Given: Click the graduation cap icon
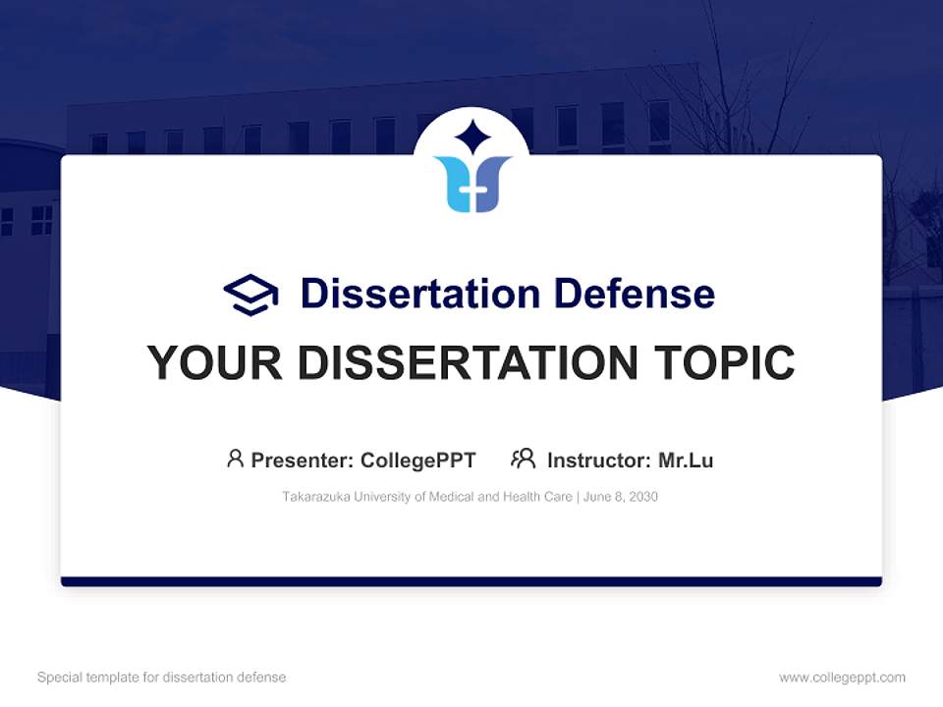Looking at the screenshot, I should pyautogui.click(x=250, y=294).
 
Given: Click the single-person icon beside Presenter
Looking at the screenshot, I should pyautogui.click(x=235, y=459).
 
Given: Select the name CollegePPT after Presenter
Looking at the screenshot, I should pyautogui.click(x=418, y=461).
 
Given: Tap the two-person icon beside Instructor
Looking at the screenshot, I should pyautogui.click(x=524, y=459).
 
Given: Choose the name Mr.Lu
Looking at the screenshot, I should pyautogui.click(x=686, y=461).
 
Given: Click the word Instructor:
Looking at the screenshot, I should pyautogui.click(x=598, y=461).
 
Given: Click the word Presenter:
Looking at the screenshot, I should pyautogui.click(x=303, y=461).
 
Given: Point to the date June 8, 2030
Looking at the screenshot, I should pyautogui.click(x=621, y=497).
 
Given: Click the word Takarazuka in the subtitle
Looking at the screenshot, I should pyautogui.click(x=315, y=497).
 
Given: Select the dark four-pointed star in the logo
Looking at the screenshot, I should pyautogui.click(x=471, y=137).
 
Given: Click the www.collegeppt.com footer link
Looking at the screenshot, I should pyautogui.click(x=842, y=678).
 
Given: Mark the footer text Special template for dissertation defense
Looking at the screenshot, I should pyautogui.click(x=162, y=678).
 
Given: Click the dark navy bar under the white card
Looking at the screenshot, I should pyautogui.click(x=471, y=581).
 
